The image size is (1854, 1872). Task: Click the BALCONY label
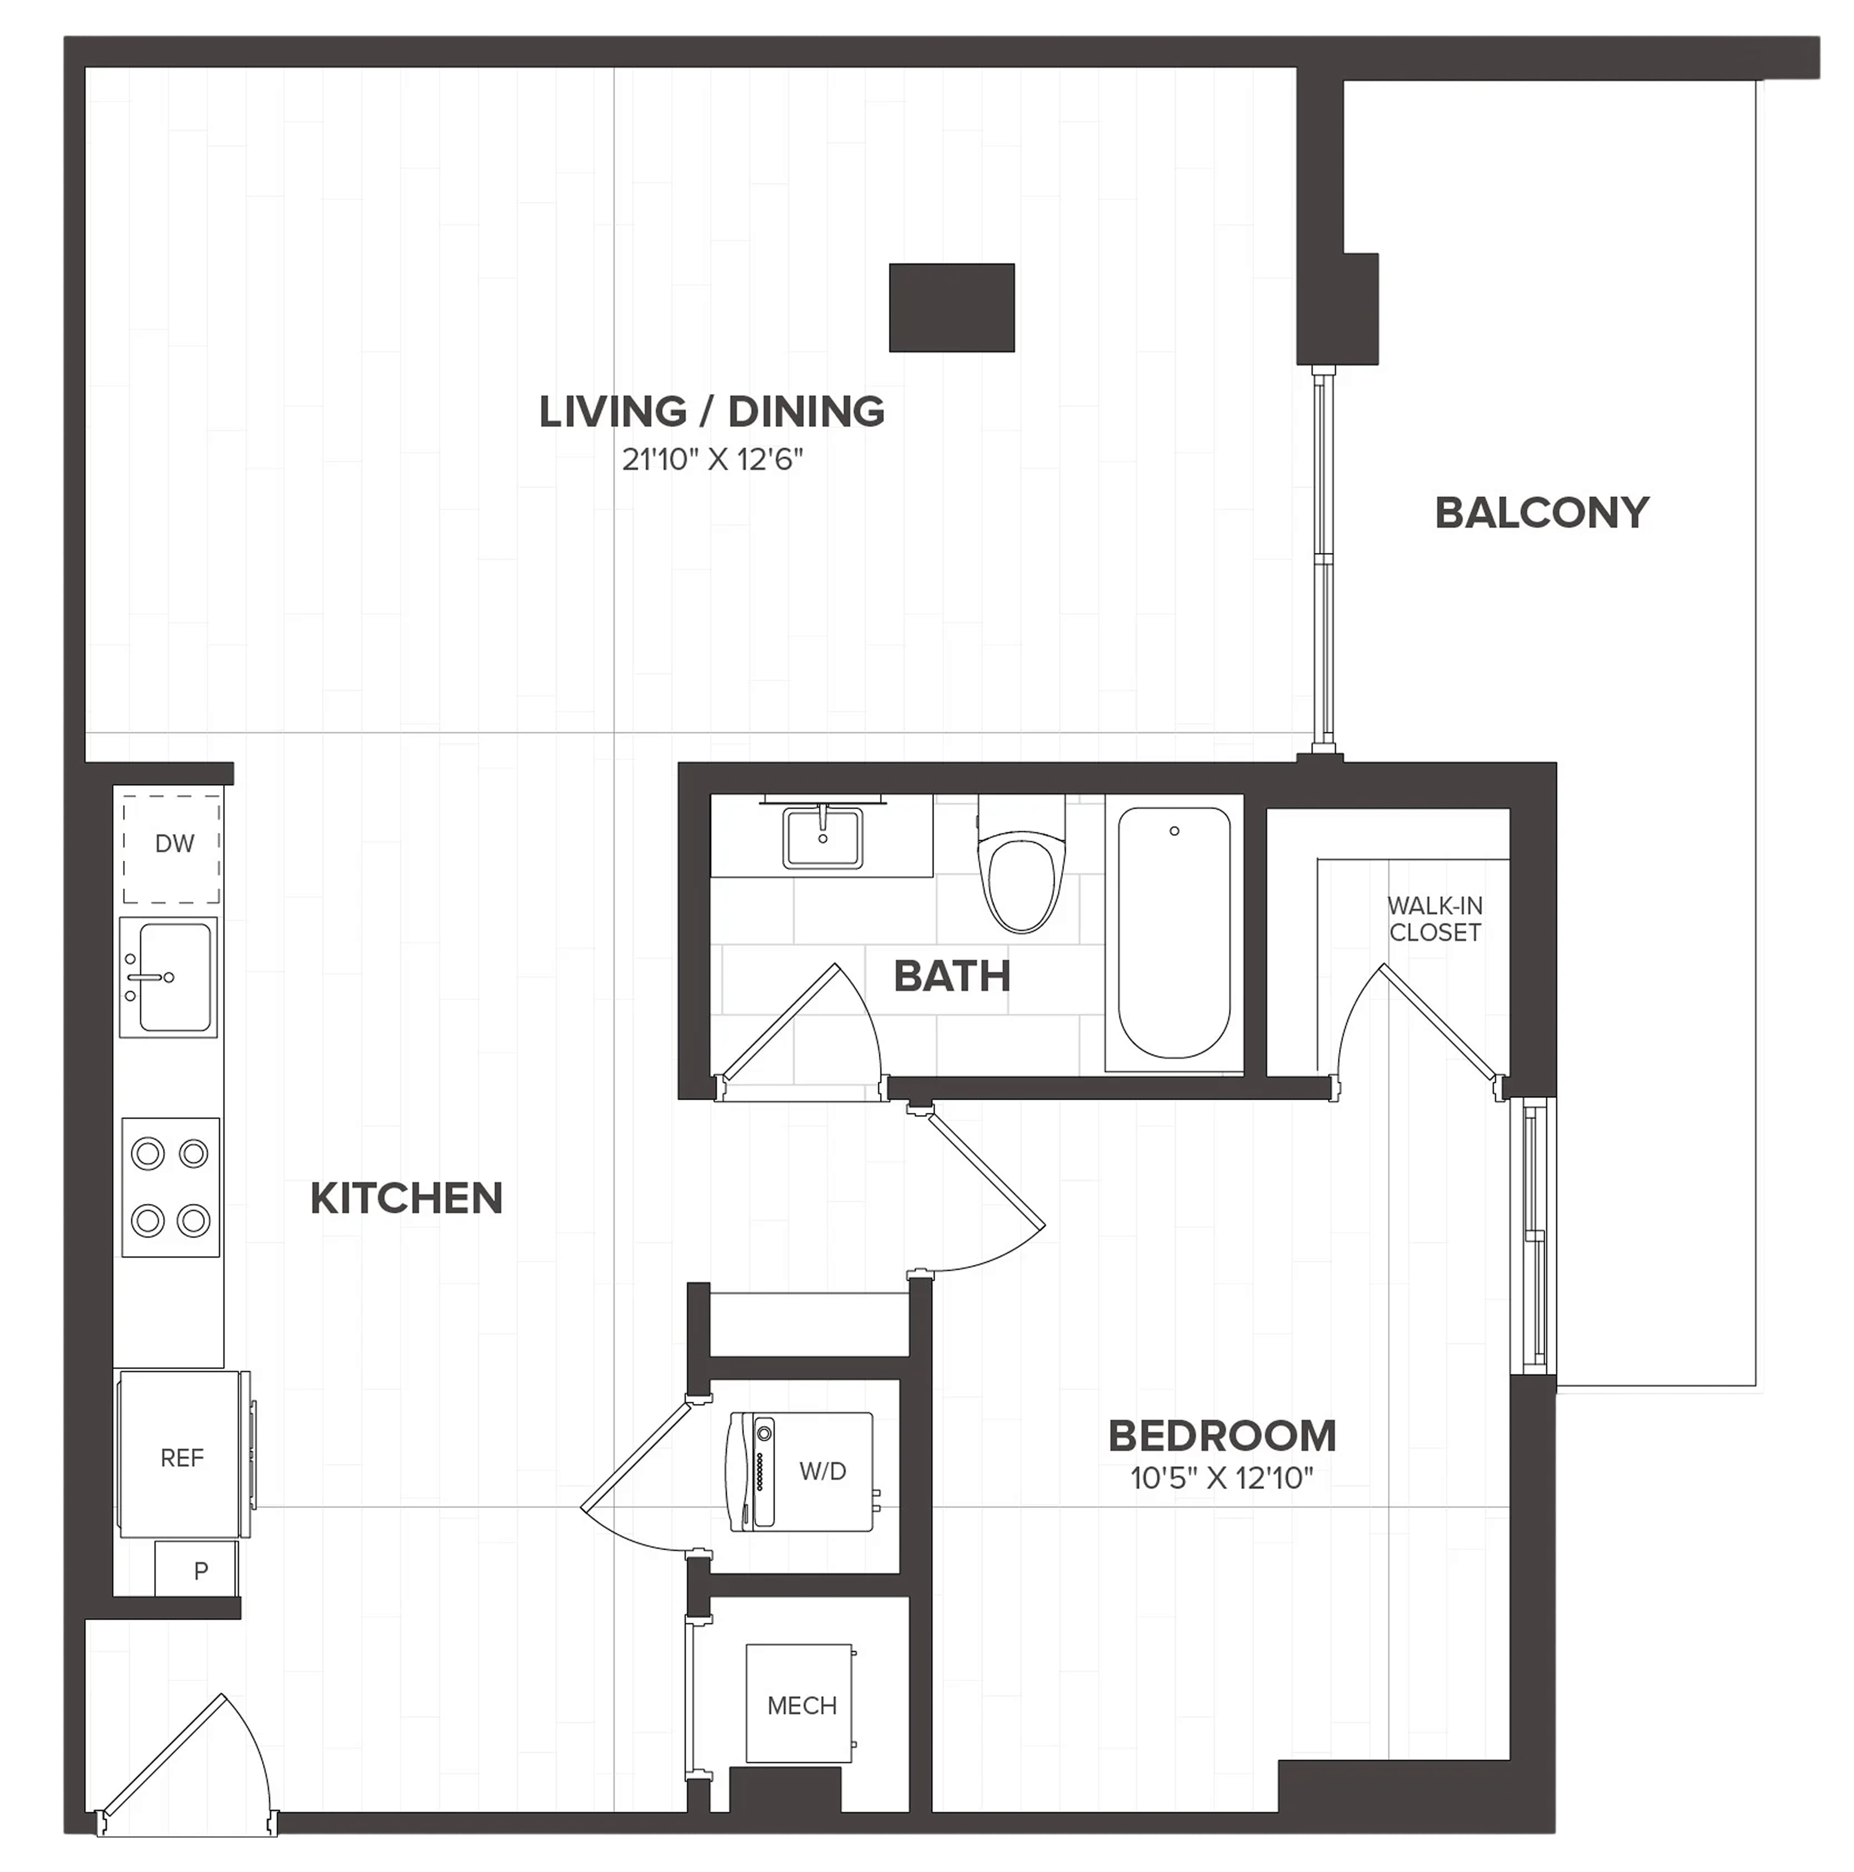(1541, 513)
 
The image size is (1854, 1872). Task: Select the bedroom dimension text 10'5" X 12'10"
(1221, 1478)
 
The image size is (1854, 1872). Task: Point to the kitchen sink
(168, 977)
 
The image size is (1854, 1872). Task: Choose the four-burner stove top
(171, 1187)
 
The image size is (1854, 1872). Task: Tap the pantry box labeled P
(197, 1570)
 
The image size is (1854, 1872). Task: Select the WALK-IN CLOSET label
(1434, 919)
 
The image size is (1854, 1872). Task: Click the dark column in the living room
(951, 307)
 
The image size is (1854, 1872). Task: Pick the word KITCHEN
(406, 1199)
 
